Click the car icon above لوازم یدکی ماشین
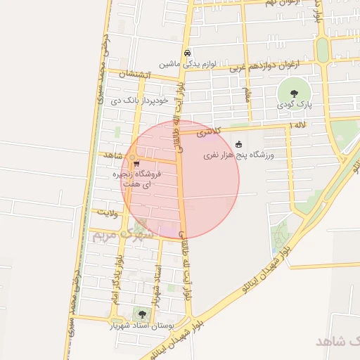(186, 53)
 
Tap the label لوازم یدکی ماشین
(186, 63)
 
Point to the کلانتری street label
(208, 131)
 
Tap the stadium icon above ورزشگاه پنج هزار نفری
(238, 143)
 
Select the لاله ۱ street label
(298, 124)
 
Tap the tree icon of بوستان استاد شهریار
(143, 314)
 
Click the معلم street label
(247, 94)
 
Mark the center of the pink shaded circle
(180, 179)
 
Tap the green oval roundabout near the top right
(323, 50)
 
